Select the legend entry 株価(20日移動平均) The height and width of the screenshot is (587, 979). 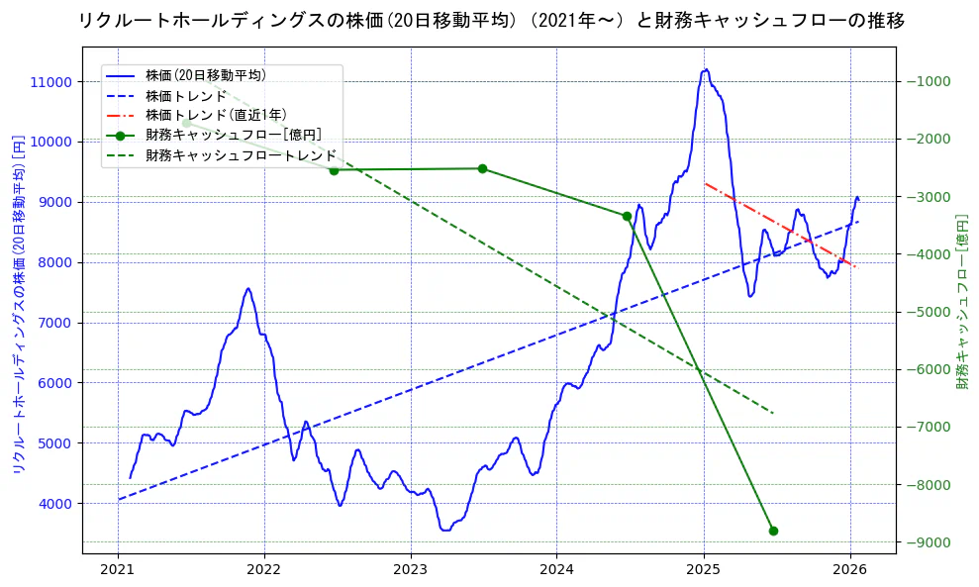tap(205, 75)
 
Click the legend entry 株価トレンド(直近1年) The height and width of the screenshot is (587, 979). tap(216, 116)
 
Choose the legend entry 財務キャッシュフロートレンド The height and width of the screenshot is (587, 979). tap(241, 156)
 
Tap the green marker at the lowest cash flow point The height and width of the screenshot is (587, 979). tap(773, 531)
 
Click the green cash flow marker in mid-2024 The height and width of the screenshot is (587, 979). tap(627, 216)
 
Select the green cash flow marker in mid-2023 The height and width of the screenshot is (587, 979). tap(482, 168)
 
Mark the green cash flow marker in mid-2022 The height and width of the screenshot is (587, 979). tap(334, 170)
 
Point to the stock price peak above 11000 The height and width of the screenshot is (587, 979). tap(706, 69)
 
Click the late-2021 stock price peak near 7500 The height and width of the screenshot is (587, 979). tap(248, 289)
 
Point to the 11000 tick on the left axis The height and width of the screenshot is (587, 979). tap(51, 81)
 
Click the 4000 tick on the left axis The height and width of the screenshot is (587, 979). tap(55, 503)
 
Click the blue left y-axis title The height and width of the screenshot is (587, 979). tap(18, 304)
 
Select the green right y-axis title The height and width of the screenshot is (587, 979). tap(961, 304)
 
